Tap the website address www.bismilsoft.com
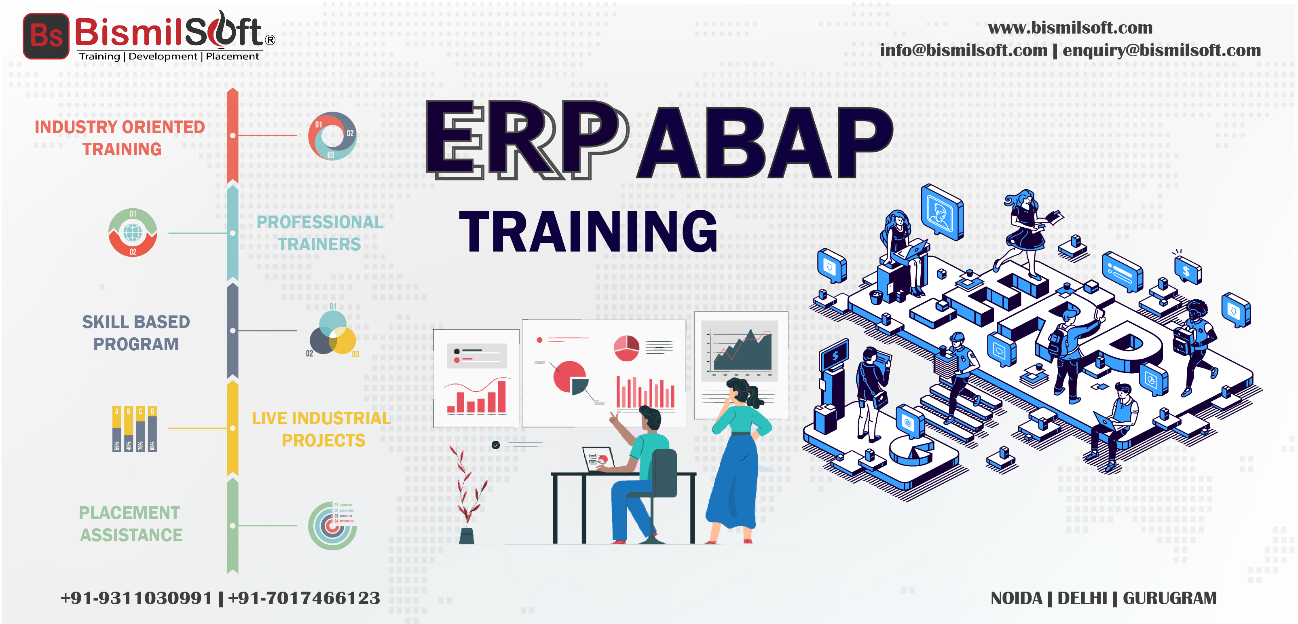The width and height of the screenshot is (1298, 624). pos(1070,28)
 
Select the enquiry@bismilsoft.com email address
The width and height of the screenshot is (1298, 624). pos(1161,51)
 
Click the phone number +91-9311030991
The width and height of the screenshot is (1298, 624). pos(136,598)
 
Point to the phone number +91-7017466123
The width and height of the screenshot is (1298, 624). pos(304,598)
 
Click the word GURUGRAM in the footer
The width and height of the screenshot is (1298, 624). pos(1169,598)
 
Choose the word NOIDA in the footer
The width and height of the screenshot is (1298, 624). pos(1016,598)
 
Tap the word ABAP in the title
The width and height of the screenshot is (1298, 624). pos(764,143)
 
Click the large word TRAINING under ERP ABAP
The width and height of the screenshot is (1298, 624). pos(588,231)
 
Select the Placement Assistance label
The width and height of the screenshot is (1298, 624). pos(131,524)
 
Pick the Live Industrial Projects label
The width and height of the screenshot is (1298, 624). pos(321,429)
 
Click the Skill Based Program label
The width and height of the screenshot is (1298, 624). pos(136,333)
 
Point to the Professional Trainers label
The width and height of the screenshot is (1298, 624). pos(320,233)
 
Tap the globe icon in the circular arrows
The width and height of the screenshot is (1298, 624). pos(133,233)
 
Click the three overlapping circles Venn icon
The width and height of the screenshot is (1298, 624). pos(332,333)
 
